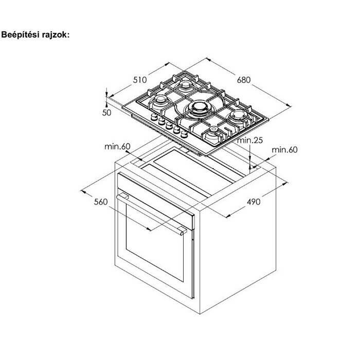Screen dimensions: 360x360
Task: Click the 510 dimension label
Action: tap(140, 80)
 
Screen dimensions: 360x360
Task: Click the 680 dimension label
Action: tap(244, 80)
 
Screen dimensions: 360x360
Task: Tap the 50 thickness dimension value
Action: tap(107, 113)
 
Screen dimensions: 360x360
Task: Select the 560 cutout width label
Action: tap(101, 202)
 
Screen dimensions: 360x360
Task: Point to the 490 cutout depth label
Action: tap(254, 202)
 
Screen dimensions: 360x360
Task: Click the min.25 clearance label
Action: tap(250, 140)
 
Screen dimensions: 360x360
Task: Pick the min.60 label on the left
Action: tap(117, 146)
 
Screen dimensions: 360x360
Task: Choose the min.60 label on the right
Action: tap(284, 150)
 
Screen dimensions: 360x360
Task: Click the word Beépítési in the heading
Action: tap(20, 35)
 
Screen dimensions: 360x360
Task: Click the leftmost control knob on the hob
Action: tap(154, 117)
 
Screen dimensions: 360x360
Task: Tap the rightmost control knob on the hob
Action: tap(184, 134)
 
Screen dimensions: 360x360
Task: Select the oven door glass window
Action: tap(155, 243)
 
